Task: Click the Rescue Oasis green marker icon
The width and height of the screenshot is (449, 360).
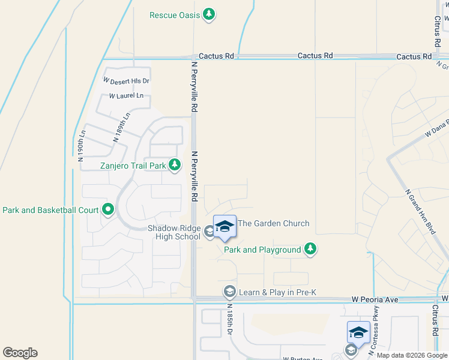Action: coord(209,14)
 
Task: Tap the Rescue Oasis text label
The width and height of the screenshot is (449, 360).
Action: coord(175,14)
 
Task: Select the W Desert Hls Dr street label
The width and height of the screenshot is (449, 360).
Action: coord(126,80)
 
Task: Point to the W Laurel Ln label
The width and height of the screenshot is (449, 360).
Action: coord(126,96)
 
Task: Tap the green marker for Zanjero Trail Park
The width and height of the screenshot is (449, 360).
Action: coord(175,164)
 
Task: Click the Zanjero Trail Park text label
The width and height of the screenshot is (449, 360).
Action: coord(133,164)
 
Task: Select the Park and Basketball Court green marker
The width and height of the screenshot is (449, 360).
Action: coord(108,210)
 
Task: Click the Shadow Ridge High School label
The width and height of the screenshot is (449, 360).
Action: coord(174,232)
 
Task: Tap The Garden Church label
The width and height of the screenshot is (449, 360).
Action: coord(274,223)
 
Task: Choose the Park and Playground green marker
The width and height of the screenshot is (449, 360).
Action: coord(310,249)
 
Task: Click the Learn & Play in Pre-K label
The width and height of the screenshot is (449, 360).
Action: coord(278,292)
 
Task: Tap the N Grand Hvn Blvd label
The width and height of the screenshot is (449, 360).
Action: coord(420,212)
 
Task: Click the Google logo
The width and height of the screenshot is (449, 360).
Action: coord(20,353)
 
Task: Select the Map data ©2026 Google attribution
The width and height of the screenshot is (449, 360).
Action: coord(412,355)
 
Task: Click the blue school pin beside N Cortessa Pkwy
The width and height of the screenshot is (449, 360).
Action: coord(358,332)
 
